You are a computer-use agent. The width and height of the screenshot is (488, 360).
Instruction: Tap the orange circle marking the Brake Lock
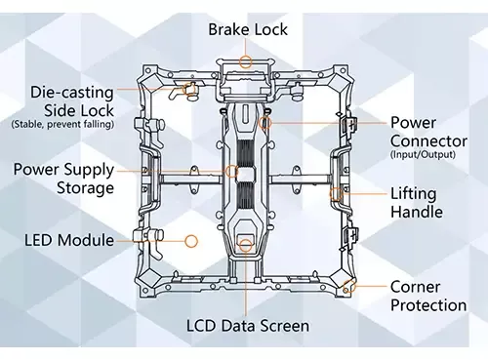point(246,60)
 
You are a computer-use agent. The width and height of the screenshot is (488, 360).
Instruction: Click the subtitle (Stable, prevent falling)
point(61,124)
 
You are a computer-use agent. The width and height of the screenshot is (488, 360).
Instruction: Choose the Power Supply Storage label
point(63,178)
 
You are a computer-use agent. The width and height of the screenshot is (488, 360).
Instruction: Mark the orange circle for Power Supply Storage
point(232,171)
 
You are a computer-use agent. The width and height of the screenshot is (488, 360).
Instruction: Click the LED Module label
point(69,239)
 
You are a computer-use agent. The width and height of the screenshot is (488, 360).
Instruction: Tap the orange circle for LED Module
point(191,239)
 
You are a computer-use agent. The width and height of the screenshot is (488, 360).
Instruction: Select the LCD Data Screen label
point(248,326)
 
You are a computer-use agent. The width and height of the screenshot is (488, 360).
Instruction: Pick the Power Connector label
point(427,132)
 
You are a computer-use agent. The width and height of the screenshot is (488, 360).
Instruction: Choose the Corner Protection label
point(427,296)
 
